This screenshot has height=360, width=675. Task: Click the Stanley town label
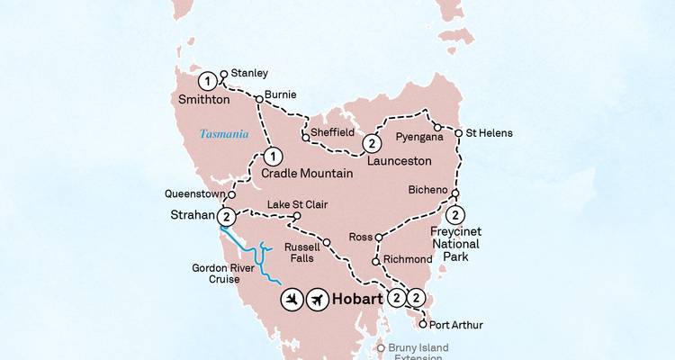tap(249, 73)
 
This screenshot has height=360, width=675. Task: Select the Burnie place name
tap(281, 94)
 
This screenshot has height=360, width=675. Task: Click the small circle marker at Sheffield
tap(306, 138)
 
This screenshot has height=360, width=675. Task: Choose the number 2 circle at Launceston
tap(371, 143)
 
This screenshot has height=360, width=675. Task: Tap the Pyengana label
tap(418, 139)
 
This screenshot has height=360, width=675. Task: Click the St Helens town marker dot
tap(458, 133)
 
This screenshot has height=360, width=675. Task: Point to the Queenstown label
tap(193, 193)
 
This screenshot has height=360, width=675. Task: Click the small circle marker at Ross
tap(379, 238)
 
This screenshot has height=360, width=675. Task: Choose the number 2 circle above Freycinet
tap(456, 214)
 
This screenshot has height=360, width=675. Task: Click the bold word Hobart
tap(358, 299)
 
